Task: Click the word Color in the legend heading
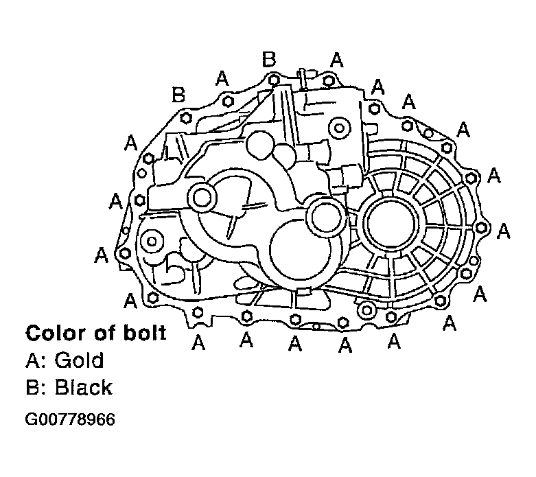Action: coord(53,334)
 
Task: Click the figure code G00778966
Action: coord(70,419)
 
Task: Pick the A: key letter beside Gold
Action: coord(35,360)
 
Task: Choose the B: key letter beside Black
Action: coord(35,387)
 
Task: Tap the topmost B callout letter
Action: coord(270,60)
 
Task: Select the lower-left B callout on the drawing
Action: coord(179,95)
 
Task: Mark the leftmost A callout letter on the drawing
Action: coord(102,255)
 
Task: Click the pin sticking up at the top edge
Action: coord(300,78)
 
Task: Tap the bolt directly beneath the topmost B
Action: coord(275,81)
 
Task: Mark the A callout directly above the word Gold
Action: coord(198,341)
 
